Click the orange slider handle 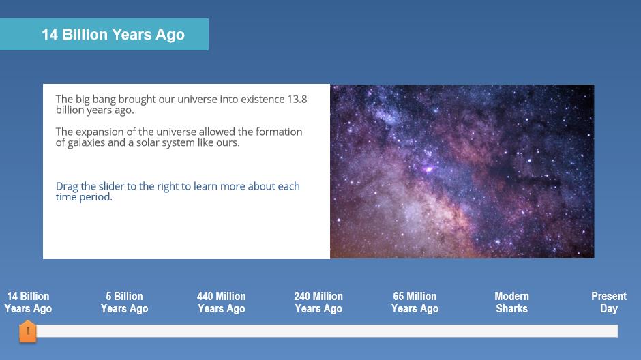(28, 331)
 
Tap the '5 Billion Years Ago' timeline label (124, 302)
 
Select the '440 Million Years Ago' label (221, 302)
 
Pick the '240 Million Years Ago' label (318, 302)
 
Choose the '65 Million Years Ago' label (415, 302)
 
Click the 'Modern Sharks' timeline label (512, 302)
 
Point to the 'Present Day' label (609, 302)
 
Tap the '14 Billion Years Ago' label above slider (28, 302)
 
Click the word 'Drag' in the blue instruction (67, 187)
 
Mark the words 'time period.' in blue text (84, 197)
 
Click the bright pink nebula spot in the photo (428, 169)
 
